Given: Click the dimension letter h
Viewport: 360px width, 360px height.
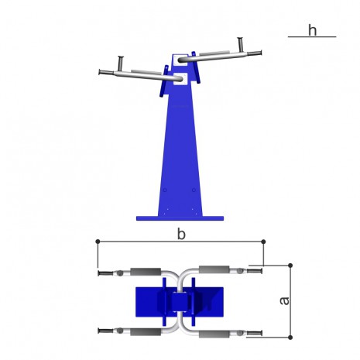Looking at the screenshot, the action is (312, 30).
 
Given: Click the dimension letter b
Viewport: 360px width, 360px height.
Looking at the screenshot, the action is (181, 235).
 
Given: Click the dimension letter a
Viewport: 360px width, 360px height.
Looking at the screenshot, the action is (285, 301).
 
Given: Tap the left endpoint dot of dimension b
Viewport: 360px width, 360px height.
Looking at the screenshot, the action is (98, 242).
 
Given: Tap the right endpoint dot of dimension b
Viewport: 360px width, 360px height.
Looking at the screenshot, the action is (263, 242).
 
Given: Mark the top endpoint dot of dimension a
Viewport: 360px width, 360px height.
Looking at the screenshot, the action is (290, 266).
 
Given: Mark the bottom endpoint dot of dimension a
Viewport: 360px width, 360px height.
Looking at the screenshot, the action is (290, 338).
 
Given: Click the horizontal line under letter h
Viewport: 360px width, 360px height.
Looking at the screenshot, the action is (312, 37).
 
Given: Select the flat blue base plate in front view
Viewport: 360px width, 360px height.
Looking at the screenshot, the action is (180, 218).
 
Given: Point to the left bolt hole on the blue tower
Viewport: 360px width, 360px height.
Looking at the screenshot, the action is (165, 190).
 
